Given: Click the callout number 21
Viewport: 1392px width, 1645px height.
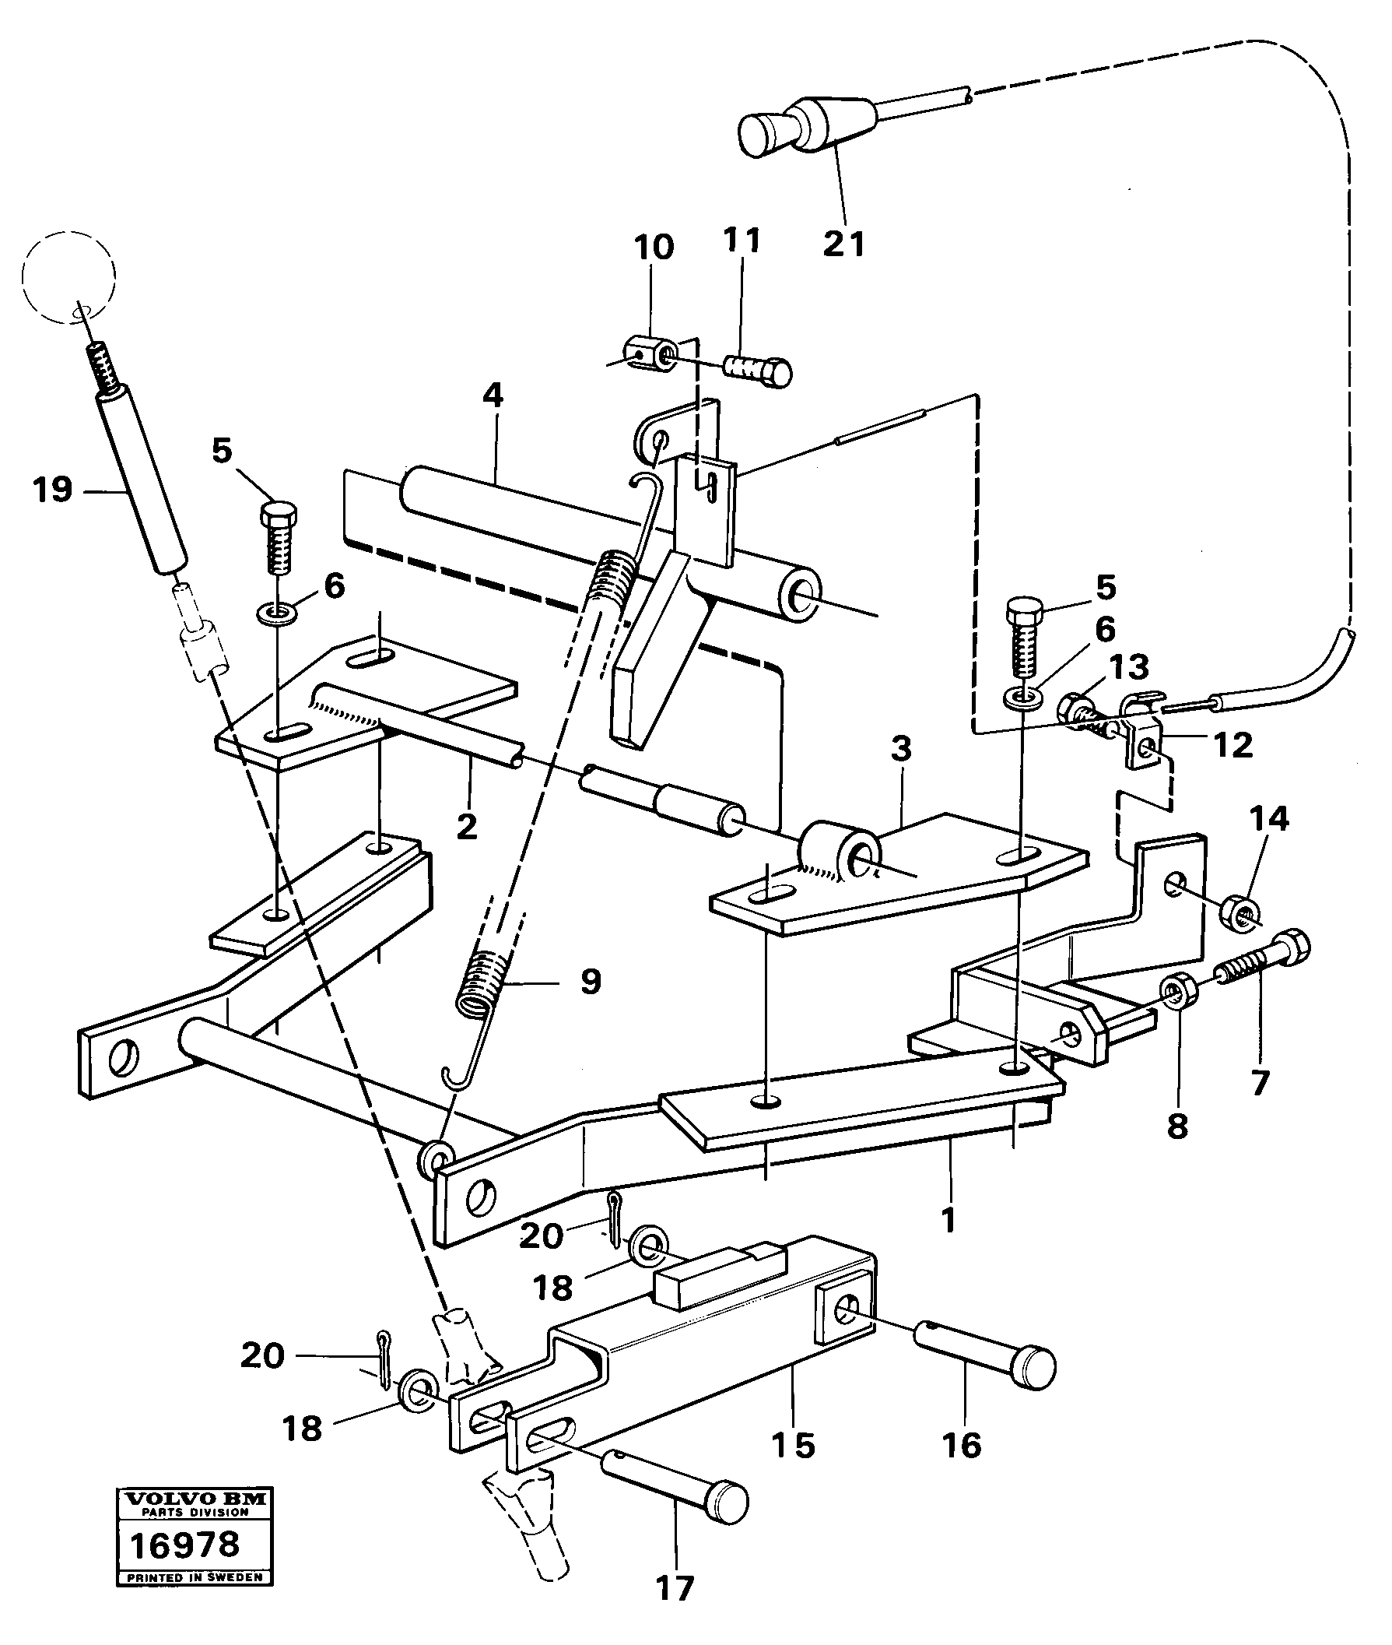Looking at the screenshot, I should [x=843, y=244].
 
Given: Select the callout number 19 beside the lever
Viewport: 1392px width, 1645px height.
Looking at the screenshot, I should [x=53, y=490].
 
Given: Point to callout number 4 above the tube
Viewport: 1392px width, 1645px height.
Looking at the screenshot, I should [x=493, y=395].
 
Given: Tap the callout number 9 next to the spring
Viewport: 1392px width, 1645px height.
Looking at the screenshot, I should [x=591, y=982].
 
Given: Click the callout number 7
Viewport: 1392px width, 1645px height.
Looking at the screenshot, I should [x=1260, y=1084].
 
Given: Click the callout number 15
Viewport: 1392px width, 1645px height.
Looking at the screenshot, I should [x=793, y=1445].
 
